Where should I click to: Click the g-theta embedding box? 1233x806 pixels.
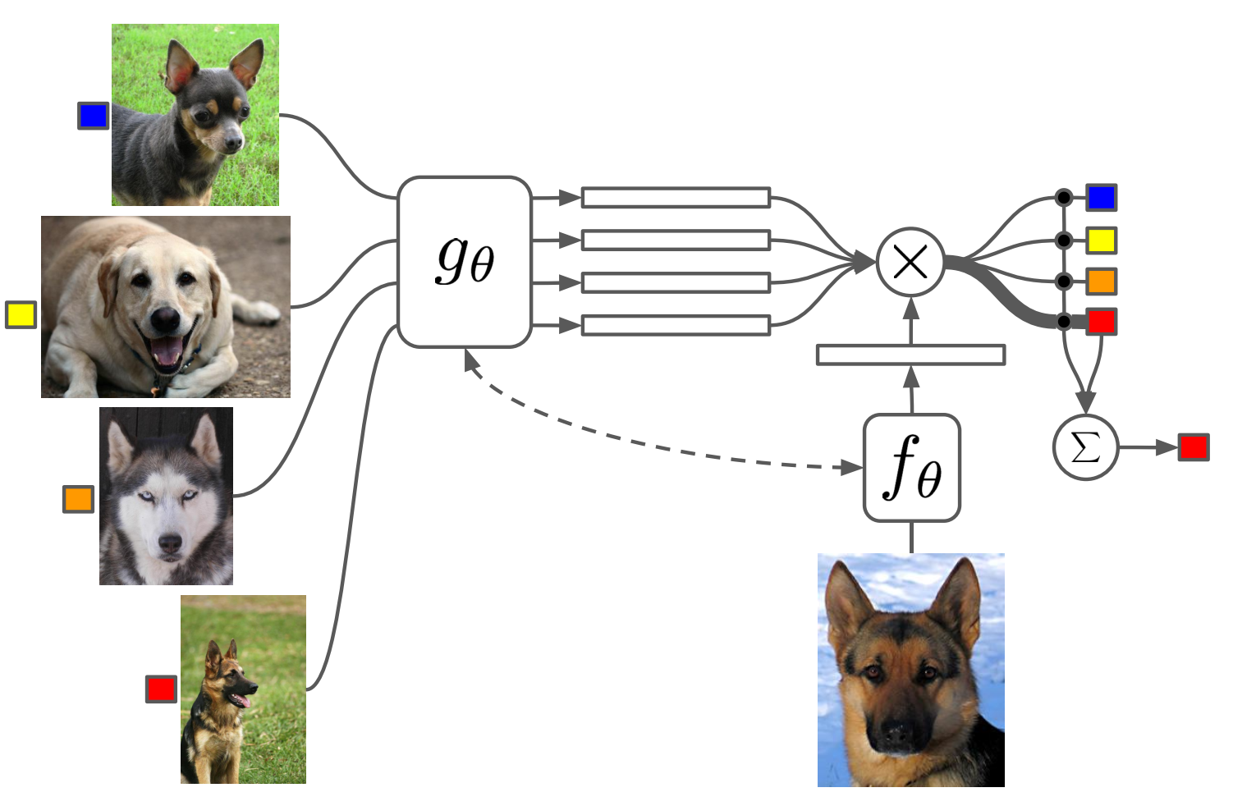(x=465, y=262)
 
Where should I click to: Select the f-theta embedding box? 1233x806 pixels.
(x=911, y=467)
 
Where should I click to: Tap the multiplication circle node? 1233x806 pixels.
(x=910, y=263)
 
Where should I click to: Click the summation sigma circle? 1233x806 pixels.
(x=1085, y=447)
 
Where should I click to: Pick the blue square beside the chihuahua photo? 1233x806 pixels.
(x=93, y=116)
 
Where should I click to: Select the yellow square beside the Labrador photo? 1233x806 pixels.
(x=21, y=314)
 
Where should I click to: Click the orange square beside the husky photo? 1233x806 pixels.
(x=78, y=499)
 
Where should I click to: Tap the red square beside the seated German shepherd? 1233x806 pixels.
(x=161, y=689)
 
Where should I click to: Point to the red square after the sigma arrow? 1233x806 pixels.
(x=1194, y=447)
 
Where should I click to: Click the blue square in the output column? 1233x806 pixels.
(x=1102, y=198)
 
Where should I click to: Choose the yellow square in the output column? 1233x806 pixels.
(x=1102, y=240)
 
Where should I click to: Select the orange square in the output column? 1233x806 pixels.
(x=1102, y=282)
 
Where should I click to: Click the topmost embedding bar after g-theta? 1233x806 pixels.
(x=676, y=197)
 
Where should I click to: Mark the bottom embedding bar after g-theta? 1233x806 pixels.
(x=676, y=325)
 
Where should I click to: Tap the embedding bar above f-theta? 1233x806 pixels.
(x=910, y=355)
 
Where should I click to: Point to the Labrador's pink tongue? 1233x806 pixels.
(x=167, y=351)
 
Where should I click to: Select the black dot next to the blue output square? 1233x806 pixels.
(x=1064, y=198)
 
